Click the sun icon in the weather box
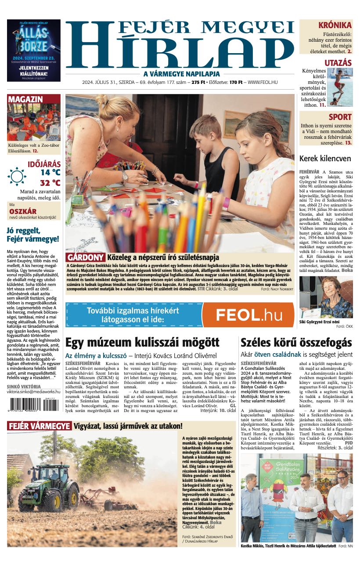(17, 176)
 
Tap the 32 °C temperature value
(50, 183)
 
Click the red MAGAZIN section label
(25, 99)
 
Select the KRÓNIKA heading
(335, 25)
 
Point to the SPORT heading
(340, 117)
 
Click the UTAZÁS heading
(338, 63)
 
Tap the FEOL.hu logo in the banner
(248, 315)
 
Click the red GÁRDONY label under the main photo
(86, 257)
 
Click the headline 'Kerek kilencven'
(325, 159)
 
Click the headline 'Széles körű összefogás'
(296, 343)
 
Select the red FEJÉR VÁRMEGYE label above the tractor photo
(39, 426)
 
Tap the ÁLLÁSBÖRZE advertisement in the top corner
(34, 51)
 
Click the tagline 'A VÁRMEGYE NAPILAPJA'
(181, 74)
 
